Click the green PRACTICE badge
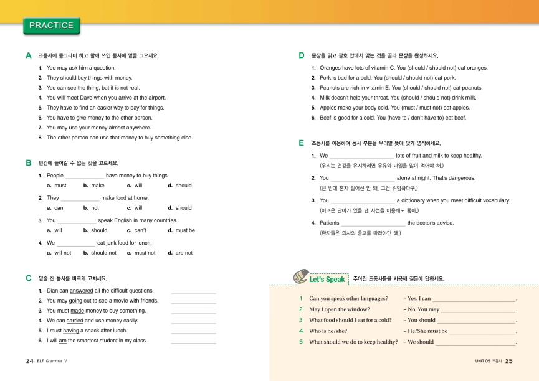[51, 26]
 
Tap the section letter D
[302, 55]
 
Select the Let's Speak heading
[327, 280]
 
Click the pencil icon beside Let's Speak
[300, 276]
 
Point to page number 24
[29, 361]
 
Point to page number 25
[508, 361]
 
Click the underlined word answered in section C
[82, 291]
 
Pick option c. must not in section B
[141, 253]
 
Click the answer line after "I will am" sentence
[193, 342]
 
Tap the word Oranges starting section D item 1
[330, 68]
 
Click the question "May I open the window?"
[340, 309]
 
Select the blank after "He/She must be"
[483, 331]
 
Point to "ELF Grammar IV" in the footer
[52, 361]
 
